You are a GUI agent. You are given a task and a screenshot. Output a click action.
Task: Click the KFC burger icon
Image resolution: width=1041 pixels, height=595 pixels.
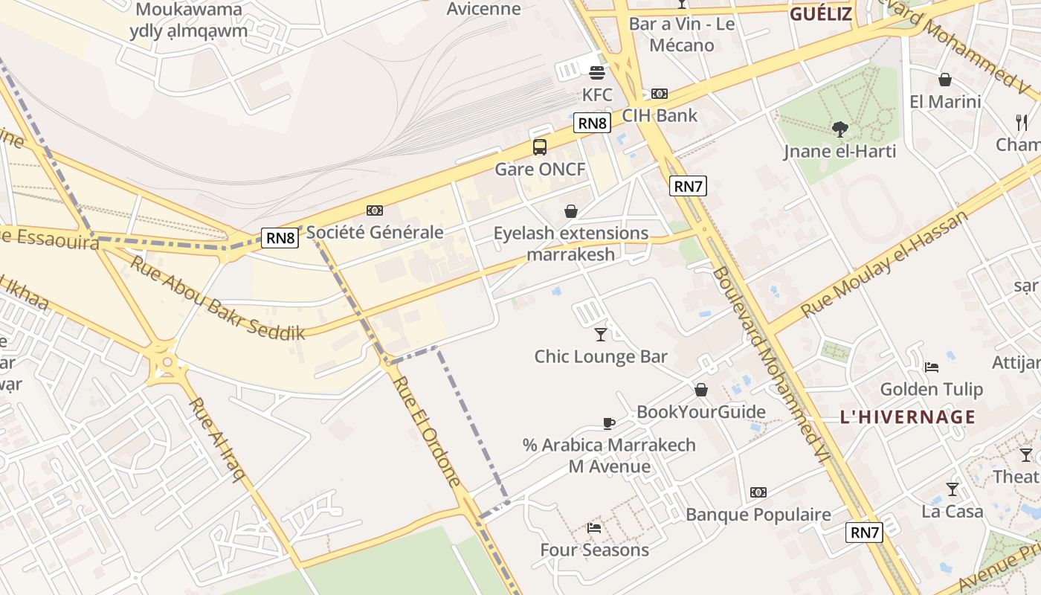pyautogui.click(x=596, y=72)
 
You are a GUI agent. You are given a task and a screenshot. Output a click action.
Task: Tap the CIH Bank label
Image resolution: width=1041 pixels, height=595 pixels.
pyautogui.click(x=660, y=115)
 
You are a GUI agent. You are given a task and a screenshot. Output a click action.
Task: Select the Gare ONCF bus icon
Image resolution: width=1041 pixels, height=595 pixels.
pyautogui.click(x=540, y=147)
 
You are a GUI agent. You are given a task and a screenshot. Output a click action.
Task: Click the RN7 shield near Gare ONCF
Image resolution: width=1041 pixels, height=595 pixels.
pyautogui.click(x=688, y=186)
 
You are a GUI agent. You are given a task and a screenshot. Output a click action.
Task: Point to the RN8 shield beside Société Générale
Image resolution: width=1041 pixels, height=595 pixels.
pyautogui.click(x=280, y=238)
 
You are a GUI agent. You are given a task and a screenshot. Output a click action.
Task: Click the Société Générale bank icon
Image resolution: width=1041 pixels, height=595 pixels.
pyautogui.click(x=375, y=210)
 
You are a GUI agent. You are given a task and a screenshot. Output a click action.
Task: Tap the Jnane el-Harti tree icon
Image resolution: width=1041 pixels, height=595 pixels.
pyautogui.click(x=840, y=129)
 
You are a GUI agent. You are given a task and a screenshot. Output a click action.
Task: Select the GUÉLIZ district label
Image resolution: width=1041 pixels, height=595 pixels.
pyautogui.click(x=820, y=14)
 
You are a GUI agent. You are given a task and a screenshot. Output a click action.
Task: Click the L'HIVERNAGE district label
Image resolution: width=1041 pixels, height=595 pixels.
pyautogui.click(x=907, y=416)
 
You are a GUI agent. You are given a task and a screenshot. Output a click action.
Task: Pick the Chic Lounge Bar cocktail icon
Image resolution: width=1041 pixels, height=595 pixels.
pyautogui.click(x=601, y=335)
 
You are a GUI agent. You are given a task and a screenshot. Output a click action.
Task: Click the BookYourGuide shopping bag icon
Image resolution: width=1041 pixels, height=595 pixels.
pyautogui.click(x=700, y=390)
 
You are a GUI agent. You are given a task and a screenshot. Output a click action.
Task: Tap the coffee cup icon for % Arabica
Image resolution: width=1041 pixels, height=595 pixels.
pyautogui.click(x=609, y=423)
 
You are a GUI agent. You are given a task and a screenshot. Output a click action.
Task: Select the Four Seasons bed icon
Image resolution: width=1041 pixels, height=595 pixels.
pyautogui.click(x=594, y=528)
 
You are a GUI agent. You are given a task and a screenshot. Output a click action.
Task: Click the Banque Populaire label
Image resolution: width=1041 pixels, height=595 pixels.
pyautogui.click(x=758, y=515)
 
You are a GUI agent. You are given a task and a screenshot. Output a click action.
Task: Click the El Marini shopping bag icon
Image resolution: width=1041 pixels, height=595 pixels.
pyautogui.click(x=945, y=79)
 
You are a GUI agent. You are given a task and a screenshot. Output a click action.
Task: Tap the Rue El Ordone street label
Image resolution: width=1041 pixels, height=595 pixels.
pyautogui.click(x=427, y=431)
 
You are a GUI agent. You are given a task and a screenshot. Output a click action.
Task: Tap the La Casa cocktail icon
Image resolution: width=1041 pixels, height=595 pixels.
pyautogui.click(x=952, y=489)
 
